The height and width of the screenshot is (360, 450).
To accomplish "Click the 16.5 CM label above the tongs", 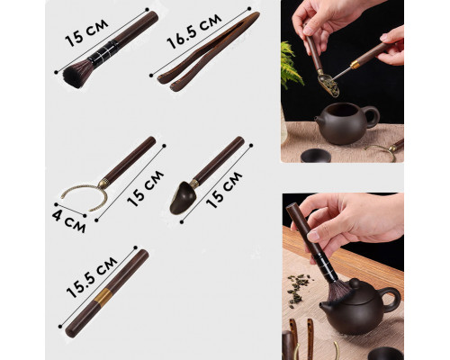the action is pos(194,31).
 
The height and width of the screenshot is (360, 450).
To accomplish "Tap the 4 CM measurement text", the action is pos(68,220).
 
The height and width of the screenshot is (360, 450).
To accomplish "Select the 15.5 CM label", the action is pos(92,277).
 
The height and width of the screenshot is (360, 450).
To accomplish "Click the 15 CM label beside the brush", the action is pos(86,33).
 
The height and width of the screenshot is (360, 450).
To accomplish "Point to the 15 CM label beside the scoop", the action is pos(224,190).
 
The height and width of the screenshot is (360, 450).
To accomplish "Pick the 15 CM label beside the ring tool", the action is pos(145,189).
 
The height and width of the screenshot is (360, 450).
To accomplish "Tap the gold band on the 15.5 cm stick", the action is pos(103,297).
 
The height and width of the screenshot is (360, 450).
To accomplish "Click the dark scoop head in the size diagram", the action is pos(183,199).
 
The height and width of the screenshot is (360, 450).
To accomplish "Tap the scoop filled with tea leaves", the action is pos(328,84).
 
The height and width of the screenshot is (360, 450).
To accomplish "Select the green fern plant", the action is pos(291,66).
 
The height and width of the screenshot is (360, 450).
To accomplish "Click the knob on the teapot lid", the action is pos(354,283).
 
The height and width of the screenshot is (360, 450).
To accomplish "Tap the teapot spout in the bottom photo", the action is pos(325,307).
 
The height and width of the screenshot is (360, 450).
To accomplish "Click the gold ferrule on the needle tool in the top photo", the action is pos(355,64).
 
